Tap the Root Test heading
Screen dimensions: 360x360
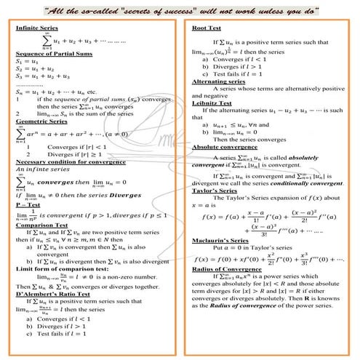(206, 27)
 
